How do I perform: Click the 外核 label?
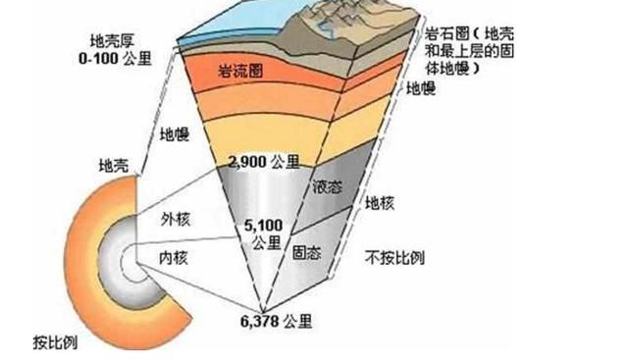(175, 222)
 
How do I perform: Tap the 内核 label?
(175, 257)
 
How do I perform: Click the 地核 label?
(379, 203)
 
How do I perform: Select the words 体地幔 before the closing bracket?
(448, 71)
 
